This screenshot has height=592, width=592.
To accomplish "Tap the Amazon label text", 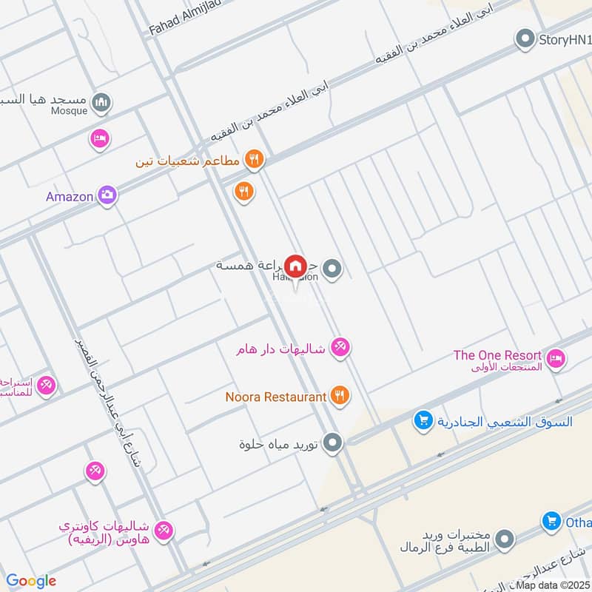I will click(x=70, y=197).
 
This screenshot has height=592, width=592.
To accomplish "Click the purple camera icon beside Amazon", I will click(x=107, y=195).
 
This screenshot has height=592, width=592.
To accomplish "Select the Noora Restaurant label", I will click(x=276, y=397).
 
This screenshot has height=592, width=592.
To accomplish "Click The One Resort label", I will click(x=497, y=355).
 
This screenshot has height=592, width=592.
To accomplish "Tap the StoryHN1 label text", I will click(x=565, y=39).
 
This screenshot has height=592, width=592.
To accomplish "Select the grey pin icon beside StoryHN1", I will click(x=525, y=38).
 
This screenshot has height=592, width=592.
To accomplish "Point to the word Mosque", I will click(x=69, y=111).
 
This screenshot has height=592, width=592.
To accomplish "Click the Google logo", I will click(x=31, y=581).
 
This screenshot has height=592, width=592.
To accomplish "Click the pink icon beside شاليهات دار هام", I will click(x=340, y=346).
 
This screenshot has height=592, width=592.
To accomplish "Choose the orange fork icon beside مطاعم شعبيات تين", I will click(x=254, y=158).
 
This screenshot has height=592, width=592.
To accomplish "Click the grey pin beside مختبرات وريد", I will click(x=505, y=537).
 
